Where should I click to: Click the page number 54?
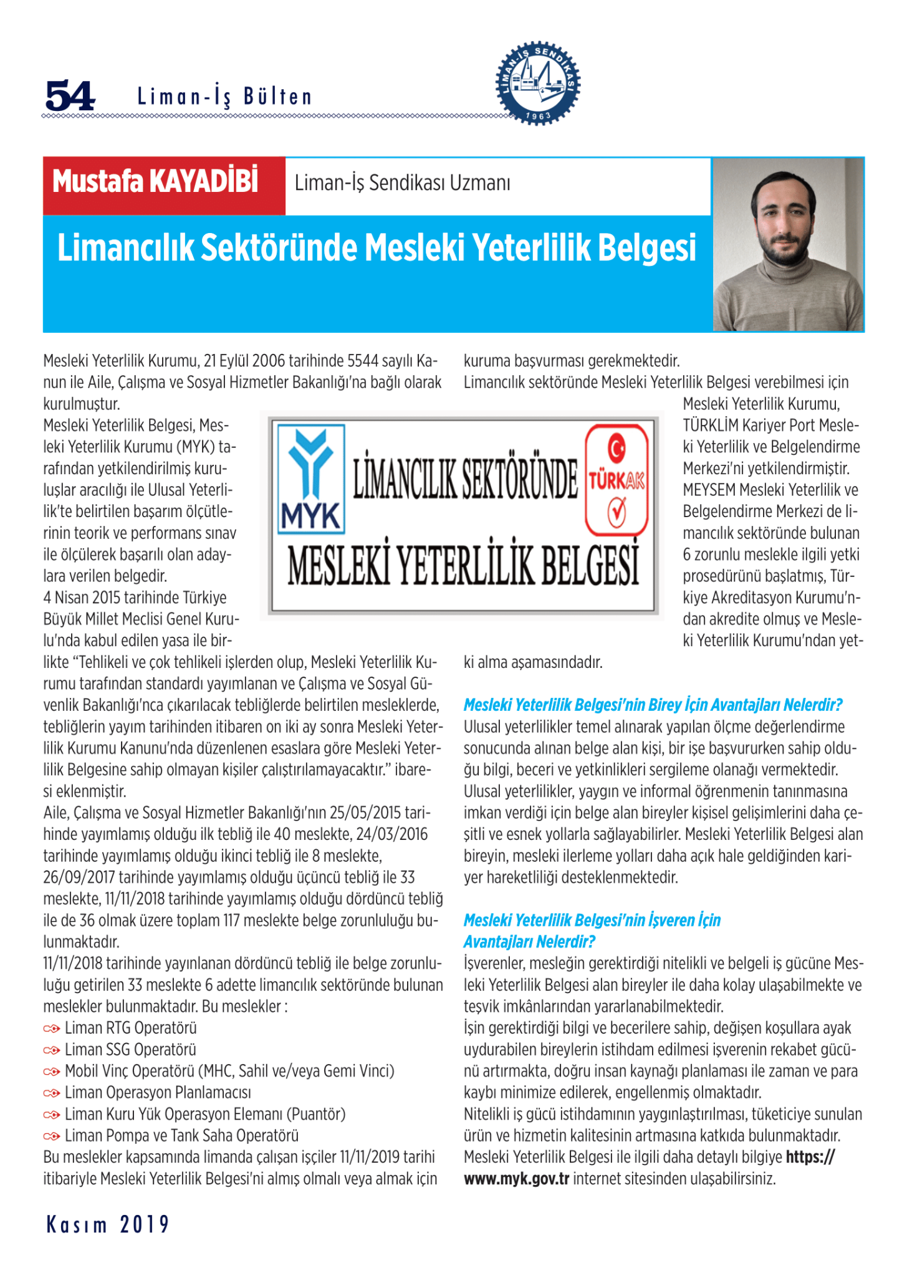(70, 96)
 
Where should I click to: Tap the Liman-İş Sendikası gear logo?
(539, 83)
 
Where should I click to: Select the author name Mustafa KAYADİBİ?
(155, 182)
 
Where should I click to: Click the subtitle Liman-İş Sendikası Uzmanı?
(402, 183)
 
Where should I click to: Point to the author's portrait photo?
(788, 244)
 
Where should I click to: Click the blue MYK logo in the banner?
(311, 478)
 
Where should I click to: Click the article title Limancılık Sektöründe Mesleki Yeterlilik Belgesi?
(377, 248)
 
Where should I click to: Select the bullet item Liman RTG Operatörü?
(131, 1028)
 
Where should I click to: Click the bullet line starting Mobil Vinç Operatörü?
(229, 1071)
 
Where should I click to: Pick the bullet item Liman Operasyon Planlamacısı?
(158, 1093)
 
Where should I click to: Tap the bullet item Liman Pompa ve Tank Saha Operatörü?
(181, 1136)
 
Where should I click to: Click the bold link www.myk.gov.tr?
(516, 1179)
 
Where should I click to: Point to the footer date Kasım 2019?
(108, 1225)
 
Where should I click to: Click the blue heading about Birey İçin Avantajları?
(653, 705)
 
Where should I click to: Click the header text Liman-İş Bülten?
(224, 97)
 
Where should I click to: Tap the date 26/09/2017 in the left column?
(79, 878)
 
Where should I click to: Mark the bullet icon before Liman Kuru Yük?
(52, 1115)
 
